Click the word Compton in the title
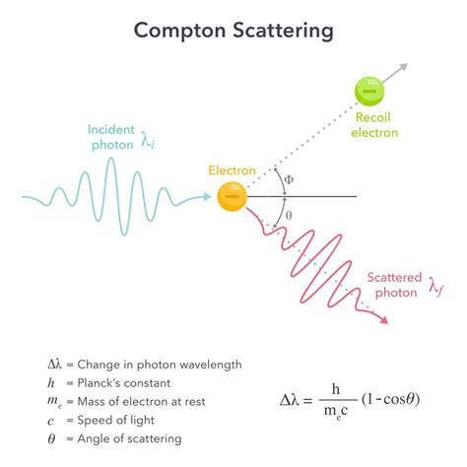tap(183, 31)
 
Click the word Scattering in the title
tap(285, 31)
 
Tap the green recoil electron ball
tap(369, 92)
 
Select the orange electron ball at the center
tap(232, 196)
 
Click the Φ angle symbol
tap(288, 179)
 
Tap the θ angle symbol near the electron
tap(288, 215)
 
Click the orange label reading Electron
tap(232, 170)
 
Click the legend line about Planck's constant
tap(137, 382)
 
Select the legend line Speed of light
tap(128, 420)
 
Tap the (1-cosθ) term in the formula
tap(395, 401)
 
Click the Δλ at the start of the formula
tap(295, 401)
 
